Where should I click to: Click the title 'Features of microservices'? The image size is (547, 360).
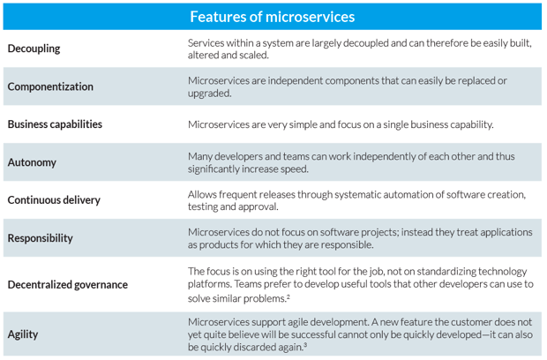[272, 17]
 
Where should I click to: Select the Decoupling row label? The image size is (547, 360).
[34, 49]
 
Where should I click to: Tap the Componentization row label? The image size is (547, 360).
[50, 86]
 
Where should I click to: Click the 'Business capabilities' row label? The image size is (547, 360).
[55, 124]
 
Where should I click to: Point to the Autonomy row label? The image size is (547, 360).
[32, 162]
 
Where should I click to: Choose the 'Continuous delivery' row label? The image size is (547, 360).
[54, 200]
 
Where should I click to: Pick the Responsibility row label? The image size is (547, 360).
[40, 238]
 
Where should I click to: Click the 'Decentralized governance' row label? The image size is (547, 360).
[68, 285]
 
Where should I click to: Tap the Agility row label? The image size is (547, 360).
[23, 334]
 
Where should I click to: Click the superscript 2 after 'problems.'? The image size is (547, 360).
[288, 296]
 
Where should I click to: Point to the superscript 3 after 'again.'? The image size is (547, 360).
[305, 345]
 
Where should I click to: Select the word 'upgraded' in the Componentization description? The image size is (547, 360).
[208, 94]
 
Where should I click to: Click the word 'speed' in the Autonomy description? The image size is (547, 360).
[296, 169]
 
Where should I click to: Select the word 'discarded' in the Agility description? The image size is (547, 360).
[254, 348]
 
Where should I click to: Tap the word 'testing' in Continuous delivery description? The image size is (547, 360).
[203, 206]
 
